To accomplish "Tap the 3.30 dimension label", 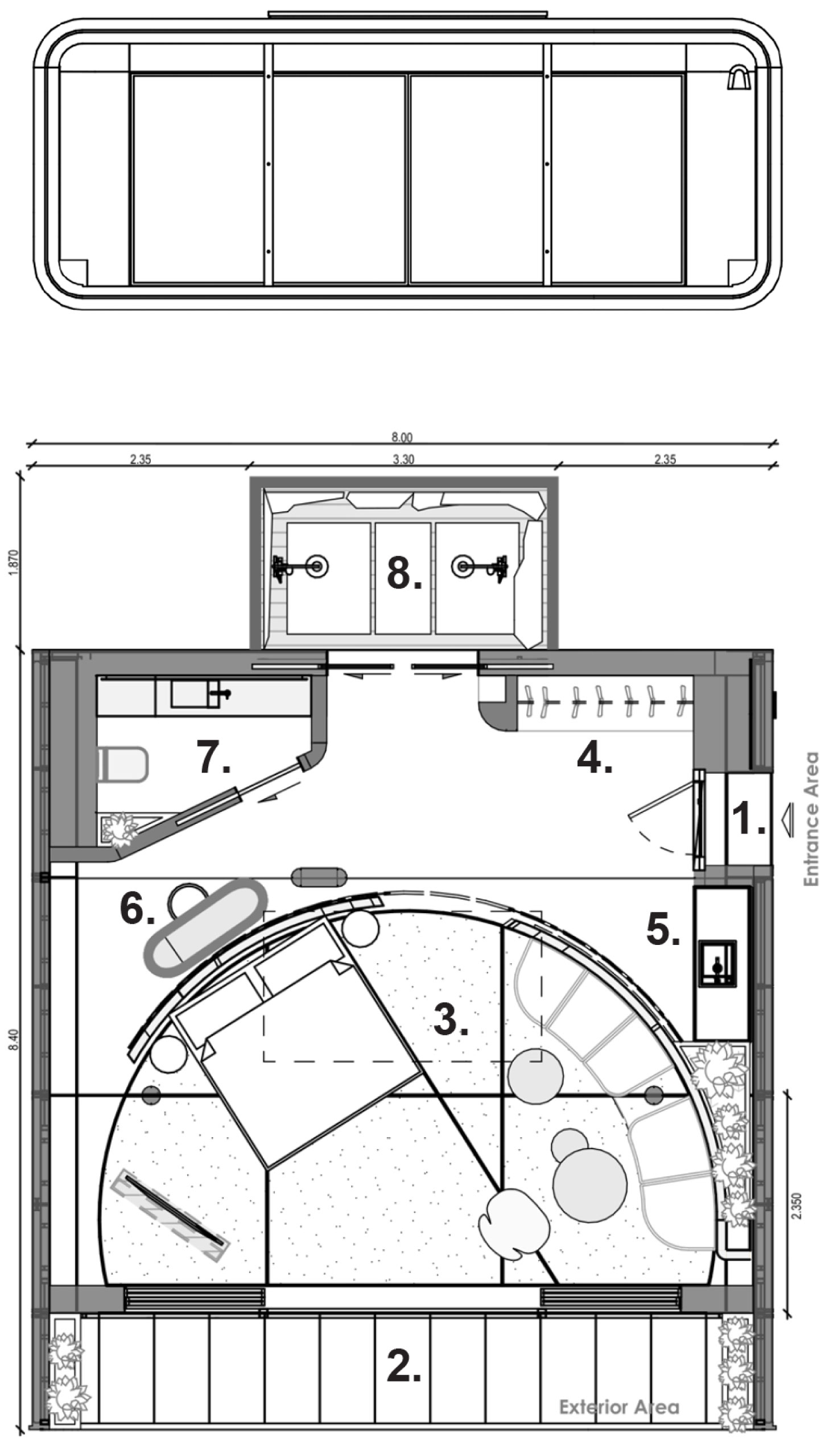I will pos(403,460).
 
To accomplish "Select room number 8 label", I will pos(404,573).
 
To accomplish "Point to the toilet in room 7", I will pos(122,764).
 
